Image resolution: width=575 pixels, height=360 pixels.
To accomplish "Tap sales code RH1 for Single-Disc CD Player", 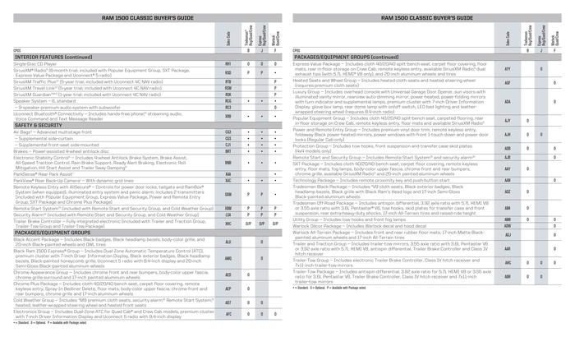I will [x=228, y=62].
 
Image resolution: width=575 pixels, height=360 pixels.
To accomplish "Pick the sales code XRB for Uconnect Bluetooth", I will [x=228, y=117].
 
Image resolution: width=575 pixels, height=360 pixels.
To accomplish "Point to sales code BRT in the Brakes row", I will [x=228, y=151].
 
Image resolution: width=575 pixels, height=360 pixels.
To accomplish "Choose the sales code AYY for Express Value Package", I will [x=507, y=69].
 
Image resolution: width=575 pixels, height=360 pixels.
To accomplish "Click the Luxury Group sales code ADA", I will [x=507, y=102].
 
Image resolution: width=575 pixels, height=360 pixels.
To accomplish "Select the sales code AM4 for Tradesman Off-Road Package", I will [x=507, y=207].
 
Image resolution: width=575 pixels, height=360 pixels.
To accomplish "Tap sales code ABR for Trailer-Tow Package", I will [x=507, y=276].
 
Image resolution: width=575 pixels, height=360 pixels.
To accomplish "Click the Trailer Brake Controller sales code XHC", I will [x=228, y=223].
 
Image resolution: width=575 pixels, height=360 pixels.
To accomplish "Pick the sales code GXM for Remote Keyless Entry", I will [x=228, y=194].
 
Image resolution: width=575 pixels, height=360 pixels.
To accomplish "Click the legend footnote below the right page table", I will [x=329, y=289].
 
